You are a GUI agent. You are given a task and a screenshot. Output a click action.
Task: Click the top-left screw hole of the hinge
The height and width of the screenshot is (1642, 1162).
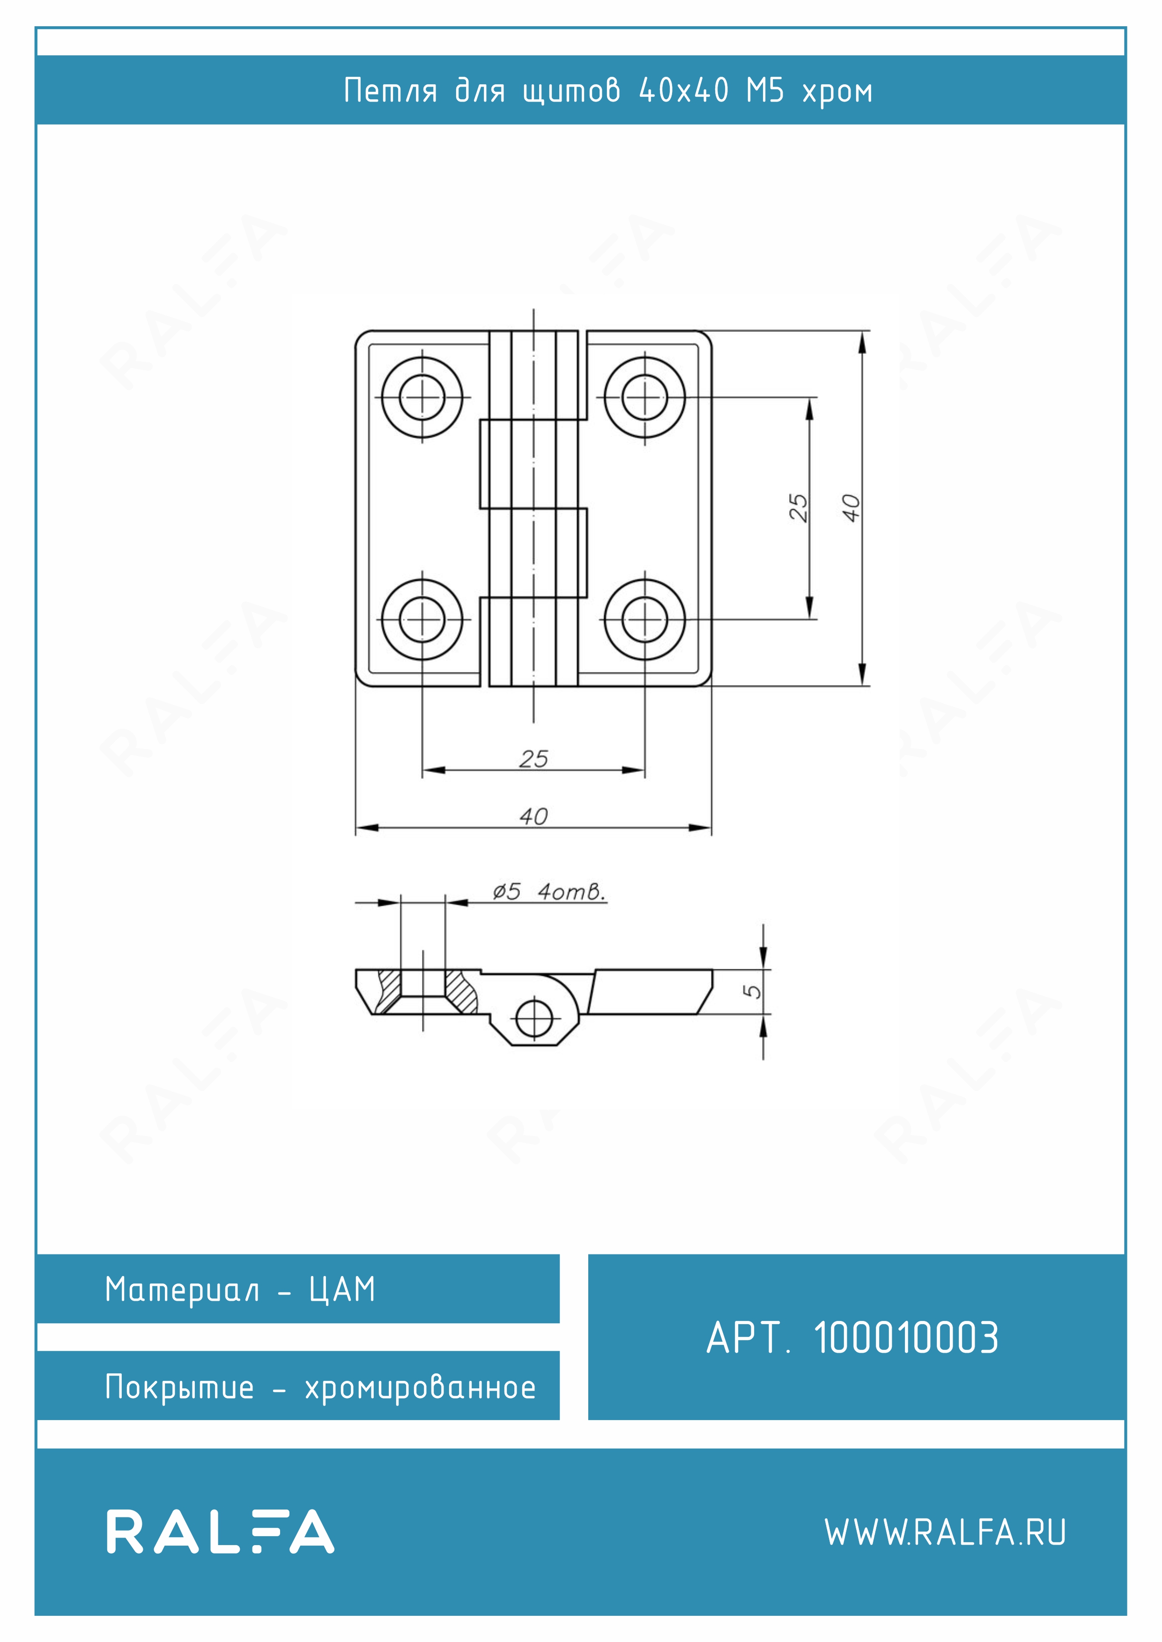(422, 397)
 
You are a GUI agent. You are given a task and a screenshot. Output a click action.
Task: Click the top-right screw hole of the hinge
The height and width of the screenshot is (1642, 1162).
(644, 397)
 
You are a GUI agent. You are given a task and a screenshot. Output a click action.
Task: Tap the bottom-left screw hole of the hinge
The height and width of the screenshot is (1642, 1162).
(422, 619)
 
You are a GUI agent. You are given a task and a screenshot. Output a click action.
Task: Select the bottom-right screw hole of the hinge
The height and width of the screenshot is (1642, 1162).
(644, 619)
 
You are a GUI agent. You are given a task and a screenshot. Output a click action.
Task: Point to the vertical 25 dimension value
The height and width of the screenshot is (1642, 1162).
(798, 508)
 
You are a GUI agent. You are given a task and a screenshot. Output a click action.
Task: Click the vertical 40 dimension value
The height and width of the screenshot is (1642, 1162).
(850, 508)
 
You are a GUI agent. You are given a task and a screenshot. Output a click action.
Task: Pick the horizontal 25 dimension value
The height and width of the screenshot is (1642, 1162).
(534, 759)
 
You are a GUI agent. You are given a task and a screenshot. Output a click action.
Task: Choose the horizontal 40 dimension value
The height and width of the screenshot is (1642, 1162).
(534, 816)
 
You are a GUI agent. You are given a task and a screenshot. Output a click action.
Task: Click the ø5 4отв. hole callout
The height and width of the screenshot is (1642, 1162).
(549, 892)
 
